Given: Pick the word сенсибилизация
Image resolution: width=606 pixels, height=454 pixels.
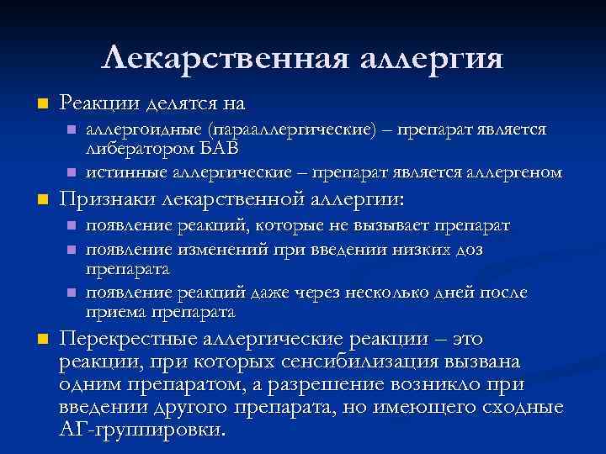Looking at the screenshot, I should pyautogui.click(x=341, y=362).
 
